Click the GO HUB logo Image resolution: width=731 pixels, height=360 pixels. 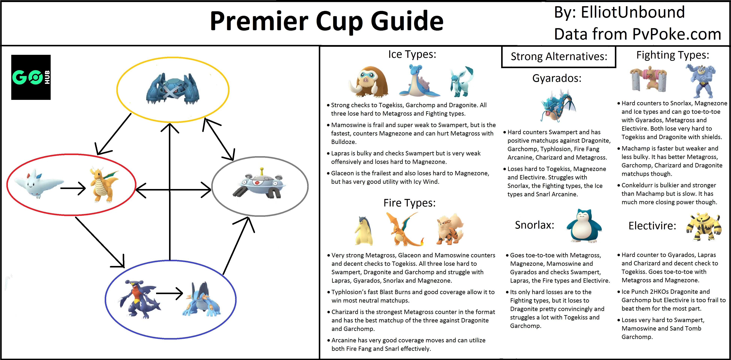point(31,77)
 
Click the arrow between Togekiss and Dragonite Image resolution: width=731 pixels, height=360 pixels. point(73,188)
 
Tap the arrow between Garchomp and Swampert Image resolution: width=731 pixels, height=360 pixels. point(169,294)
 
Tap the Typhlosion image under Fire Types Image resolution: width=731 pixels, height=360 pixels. point(364,231)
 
